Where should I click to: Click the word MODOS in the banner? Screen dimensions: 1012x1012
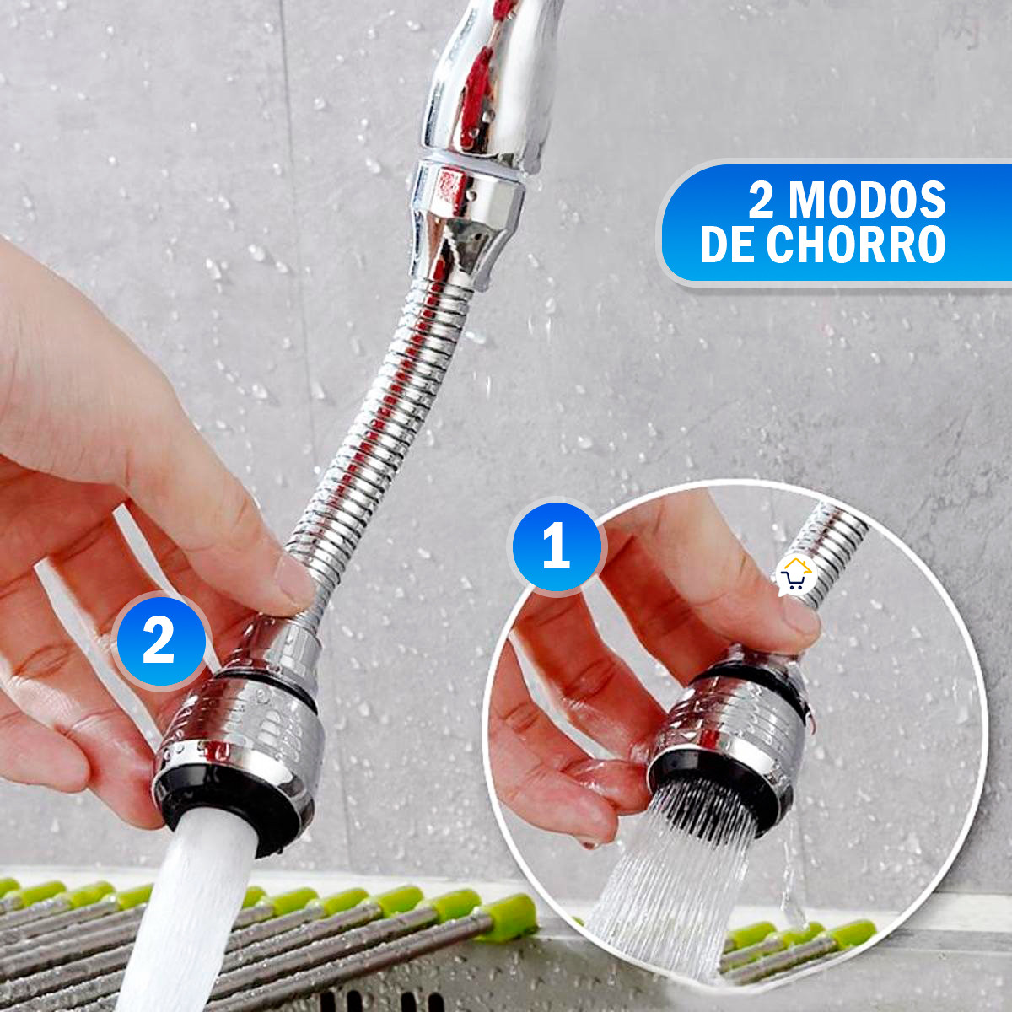coord(867,200)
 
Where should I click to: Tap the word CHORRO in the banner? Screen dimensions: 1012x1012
coord(855,245)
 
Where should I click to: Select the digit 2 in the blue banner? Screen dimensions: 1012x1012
coord(761,201)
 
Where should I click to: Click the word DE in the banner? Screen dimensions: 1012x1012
coord(726,245)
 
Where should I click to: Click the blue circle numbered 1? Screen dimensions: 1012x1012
coord(557,546)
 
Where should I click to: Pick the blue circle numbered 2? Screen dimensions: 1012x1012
coord(159,640)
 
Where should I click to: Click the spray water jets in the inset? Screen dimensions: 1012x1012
coord(675,885)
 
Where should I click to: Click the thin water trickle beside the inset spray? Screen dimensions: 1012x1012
coord(790,877)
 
